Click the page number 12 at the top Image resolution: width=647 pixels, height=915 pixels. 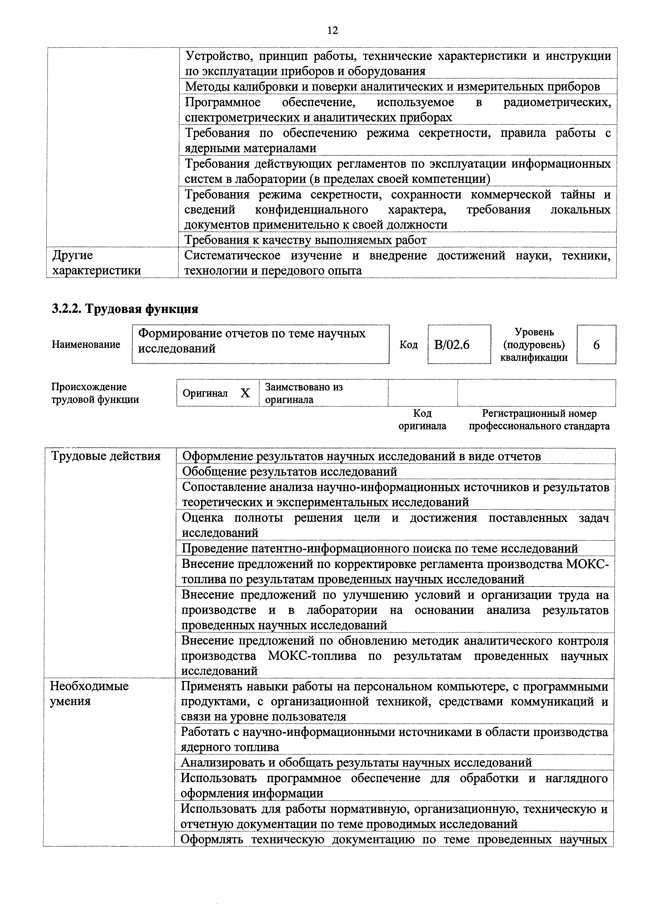(332, 30)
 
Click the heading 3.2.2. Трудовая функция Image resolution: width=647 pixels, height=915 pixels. (125, 309)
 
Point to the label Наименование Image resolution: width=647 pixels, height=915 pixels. (86, 344)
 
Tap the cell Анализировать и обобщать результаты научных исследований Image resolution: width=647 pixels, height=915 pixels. (356, 763)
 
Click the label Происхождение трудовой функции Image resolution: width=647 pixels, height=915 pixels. (95, 393)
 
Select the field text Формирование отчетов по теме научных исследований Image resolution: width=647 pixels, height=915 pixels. (252, 341)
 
